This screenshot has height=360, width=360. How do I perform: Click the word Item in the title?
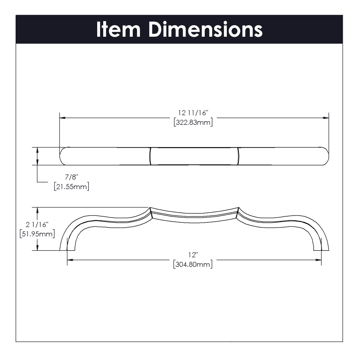pyautogui.click(x=118, y=29)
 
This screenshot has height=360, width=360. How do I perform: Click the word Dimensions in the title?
pyautogui.click(x=206, y=29)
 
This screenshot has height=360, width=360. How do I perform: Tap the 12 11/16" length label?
pyautogui.click(x=193, y=113)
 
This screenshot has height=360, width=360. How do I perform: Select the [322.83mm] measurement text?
pyautogui.click(x=193, y=122)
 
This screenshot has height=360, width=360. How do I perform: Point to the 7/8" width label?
pyautogui.click(x=72, y=177)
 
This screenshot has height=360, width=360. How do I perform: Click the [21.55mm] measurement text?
pyautogui.click(x=72, y=186)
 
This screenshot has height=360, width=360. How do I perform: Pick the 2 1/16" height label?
pyautogui.click(x=37, y=224)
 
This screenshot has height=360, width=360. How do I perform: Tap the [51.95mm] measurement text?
pyautogui.click(x=37, y=234)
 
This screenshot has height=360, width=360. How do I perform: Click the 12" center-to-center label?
pyautogui.click(x=193, y=255)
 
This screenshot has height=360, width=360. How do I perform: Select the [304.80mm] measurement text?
pyautogui.click(x=193, y=264)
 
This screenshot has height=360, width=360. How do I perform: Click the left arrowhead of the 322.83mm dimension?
pyautogui.click(x=62, y=118)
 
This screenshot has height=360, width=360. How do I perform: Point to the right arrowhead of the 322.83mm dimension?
pyautogui.click(x=326, y=118)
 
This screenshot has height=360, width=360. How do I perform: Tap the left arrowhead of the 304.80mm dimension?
pyautogui.click(x=70, y=260)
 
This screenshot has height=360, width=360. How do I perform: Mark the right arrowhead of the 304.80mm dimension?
pyautogui.click(x=318, y=260)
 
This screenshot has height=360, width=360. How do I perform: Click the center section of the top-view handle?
pyautogui.click(x=194, y=156)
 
